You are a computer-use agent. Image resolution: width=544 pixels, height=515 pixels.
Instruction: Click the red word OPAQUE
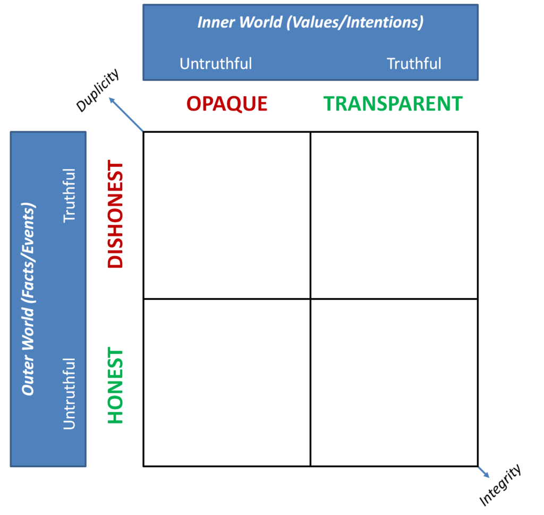point(227,104)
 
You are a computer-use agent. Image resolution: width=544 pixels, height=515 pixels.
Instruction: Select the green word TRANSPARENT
point(393,104)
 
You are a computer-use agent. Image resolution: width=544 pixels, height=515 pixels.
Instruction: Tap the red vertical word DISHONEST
point(115,215)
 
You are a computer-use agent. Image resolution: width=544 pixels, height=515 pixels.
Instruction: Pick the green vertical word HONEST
point(115,386)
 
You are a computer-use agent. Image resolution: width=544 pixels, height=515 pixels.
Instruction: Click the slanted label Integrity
point(500,485)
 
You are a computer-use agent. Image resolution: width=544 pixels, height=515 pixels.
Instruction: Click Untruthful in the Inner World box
point(216,64)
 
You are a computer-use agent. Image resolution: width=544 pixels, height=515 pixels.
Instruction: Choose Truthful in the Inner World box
point(414,64)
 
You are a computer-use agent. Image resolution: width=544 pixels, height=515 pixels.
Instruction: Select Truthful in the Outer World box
point(70,195)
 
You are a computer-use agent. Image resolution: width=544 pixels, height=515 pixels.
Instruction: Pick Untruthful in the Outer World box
point(70,393)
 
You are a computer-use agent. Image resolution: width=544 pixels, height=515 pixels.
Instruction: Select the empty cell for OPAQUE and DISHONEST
point(227,215)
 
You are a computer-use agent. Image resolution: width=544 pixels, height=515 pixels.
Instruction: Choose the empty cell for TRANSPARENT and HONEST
point(394,383)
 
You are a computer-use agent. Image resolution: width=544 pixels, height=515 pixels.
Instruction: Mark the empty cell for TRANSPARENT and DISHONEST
point(394,215)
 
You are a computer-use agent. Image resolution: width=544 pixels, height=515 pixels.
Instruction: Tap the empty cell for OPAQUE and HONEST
point(227,383)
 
